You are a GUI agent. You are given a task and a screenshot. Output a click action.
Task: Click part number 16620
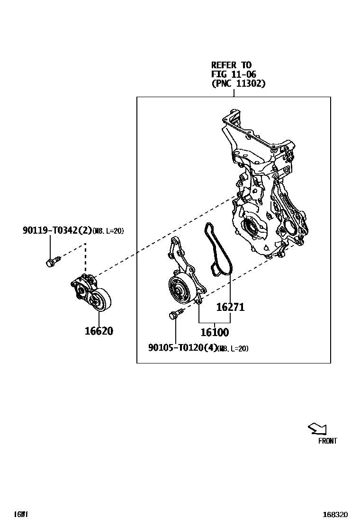(x=99, y=331)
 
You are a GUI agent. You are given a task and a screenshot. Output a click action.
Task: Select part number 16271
(x=230, y=307)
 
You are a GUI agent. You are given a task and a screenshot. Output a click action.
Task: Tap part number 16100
(x=214, y=332)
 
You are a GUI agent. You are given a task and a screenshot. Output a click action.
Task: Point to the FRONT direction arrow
(x=317, y=429)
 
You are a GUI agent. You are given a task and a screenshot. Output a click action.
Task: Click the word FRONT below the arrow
(x=327, y=441)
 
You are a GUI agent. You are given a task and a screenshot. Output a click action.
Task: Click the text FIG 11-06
(x=234, y=74)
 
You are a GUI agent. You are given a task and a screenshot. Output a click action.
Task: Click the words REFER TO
(x=231, y=65)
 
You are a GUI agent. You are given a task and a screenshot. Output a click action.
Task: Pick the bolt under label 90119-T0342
(x=52, y=261)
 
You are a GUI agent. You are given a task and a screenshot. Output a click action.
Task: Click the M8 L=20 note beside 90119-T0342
(x=108, y=231)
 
